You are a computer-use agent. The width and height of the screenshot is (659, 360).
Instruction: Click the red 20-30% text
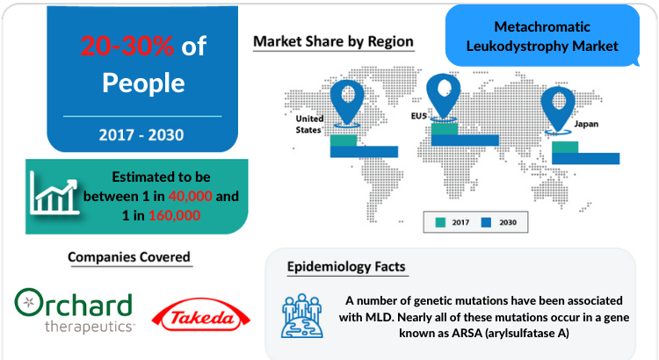click(127, 46)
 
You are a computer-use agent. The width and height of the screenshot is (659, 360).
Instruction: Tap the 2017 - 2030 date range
click(141, 135)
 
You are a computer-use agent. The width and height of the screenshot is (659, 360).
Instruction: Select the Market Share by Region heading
click(333, 41)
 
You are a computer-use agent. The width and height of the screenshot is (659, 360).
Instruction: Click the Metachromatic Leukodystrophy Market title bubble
click(542, 36)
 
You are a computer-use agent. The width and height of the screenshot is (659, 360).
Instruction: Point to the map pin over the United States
click(347, 101)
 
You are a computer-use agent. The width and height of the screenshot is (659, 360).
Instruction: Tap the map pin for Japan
click(558, 107)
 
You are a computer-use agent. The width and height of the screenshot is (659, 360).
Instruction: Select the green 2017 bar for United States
click(344, 140)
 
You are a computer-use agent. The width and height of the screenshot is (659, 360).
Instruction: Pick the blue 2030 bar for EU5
click(465, 140)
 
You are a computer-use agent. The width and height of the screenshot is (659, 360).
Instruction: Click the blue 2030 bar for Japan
click(585, 158)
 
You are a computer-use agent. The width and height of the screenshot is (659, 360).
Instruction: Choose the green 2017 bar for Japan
click(565, 148)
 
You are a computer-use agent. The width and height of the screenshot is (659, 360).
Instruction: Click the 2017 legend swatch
click(440, 222)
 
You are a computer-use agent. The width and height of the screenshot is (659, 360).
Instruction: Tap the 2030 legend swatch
click(486, 222)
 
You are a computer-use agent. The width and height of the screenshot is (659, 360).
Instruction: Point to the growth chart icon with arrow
click(54, 194)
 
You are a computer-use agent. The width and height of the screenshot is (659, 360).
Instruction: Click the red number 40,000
click(191, 196)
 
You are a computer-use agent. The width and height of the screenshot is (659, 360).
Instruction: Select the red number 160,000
click(175, 215)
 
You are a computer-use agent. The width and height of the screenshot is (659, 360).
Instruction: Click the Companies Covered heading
click(129, 257)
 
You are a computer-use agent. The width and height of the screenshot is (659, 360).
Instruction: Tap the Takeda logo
click(201, 314)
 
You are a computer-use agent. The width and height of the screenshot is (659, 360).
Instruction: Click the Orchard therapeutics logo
click(74, 310)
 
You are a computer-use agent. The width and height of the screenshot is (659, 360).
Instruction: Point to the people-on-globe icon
click(302, 316)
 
